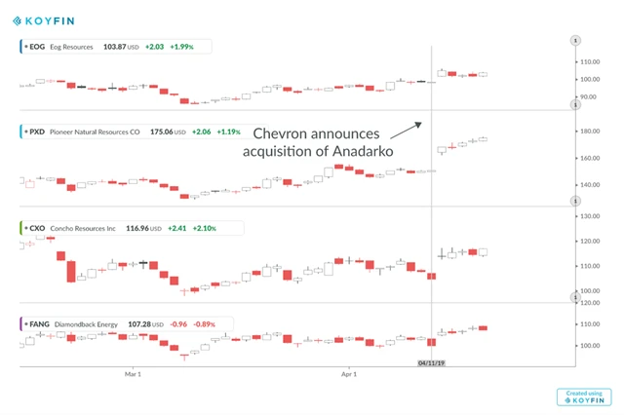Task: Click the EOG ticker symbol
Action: point(38,46)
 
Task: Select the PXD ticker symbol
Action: point(38,131)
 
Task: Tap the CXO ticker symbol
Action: point(38,228)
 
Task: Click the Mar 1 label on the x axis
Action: point(134,372)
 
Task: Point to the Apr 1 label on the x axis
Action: point(349,372)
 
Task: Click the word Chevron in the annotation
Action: point(286,132)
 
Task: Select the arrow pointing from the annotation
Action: point(406,131)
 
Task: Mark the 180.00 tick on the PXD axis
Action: point(588,132)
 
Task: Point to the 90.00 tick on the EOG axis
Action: point(586,97)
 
